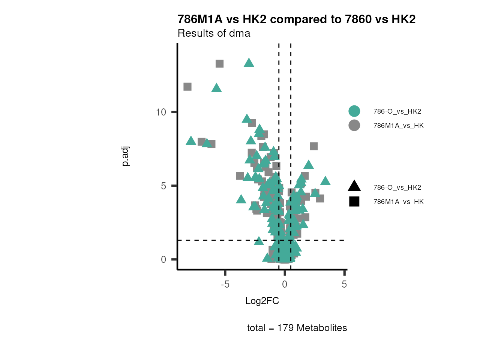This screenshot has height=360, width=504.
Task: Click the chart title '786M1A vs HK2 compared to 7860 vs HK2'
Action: click(296, 19)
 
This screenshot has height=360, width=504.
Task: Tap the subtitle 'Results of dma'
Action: click(214, 33)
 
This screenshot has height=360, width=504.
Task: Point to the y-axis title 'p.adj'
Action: click(126, 156)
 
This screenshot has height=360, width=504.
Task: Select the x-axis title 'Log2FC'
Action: click(262, 301)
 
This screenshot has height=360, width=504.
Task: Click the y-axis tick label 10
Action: click(161, 112)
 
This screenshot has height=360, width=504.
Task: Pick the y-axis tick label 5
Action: click(163, 186)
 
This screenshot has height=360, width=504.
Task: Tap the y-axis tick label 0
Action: click(163, 259)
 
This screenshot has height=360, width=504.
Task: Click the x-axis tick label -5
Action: click(225, 284)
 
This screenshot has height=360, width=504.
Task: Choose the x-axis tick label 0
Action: click(285, 284)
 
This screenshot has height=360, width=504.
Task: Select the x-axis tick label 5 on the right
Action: click(344, 284)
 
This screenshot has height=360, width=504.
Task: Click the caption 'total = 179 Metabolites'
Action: click(297, 328)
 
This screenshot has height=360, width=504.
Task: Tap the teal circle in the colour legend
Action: click(354, 111)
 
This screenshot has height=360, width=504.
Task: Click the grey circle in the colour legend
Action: click(354, 125)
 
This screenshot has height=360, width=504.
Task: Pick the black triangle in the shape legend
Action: click(354, 186)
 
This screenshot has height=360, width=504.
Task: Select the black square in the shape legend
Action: click(354, 201)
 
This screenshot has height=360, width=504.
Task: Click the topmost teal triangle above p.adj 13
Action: click(249, 63)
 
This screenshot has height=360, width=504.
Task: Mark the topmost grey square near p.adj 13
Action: click(220, 64)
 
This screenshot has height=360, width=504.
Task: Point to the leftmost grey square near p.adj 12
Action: click(187, 87)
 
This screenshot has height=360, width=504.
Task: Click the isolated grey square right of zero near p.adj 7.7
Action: click(313, 146)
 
